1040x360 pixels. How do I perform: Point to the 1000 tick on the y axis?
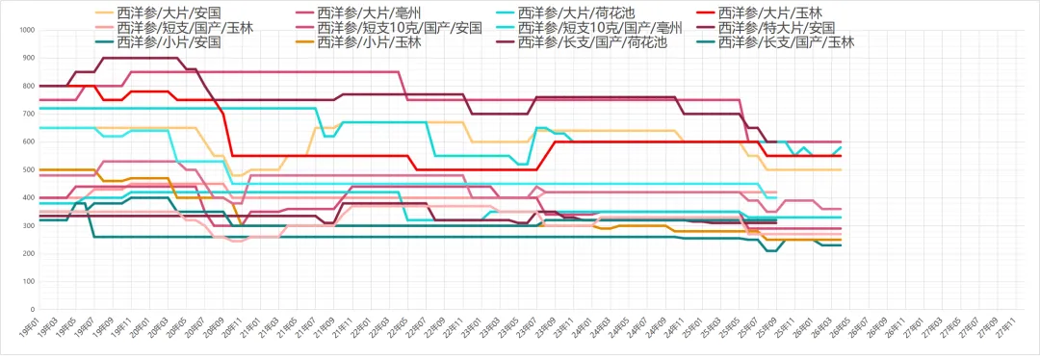click(26, 31)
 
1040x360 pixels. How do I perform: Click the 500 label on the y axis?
click(28, 170)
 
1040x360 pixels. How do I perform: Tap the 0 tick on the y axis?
click(32, 310)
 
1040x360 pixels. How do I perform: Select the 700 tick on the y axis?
click(28, 115)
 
